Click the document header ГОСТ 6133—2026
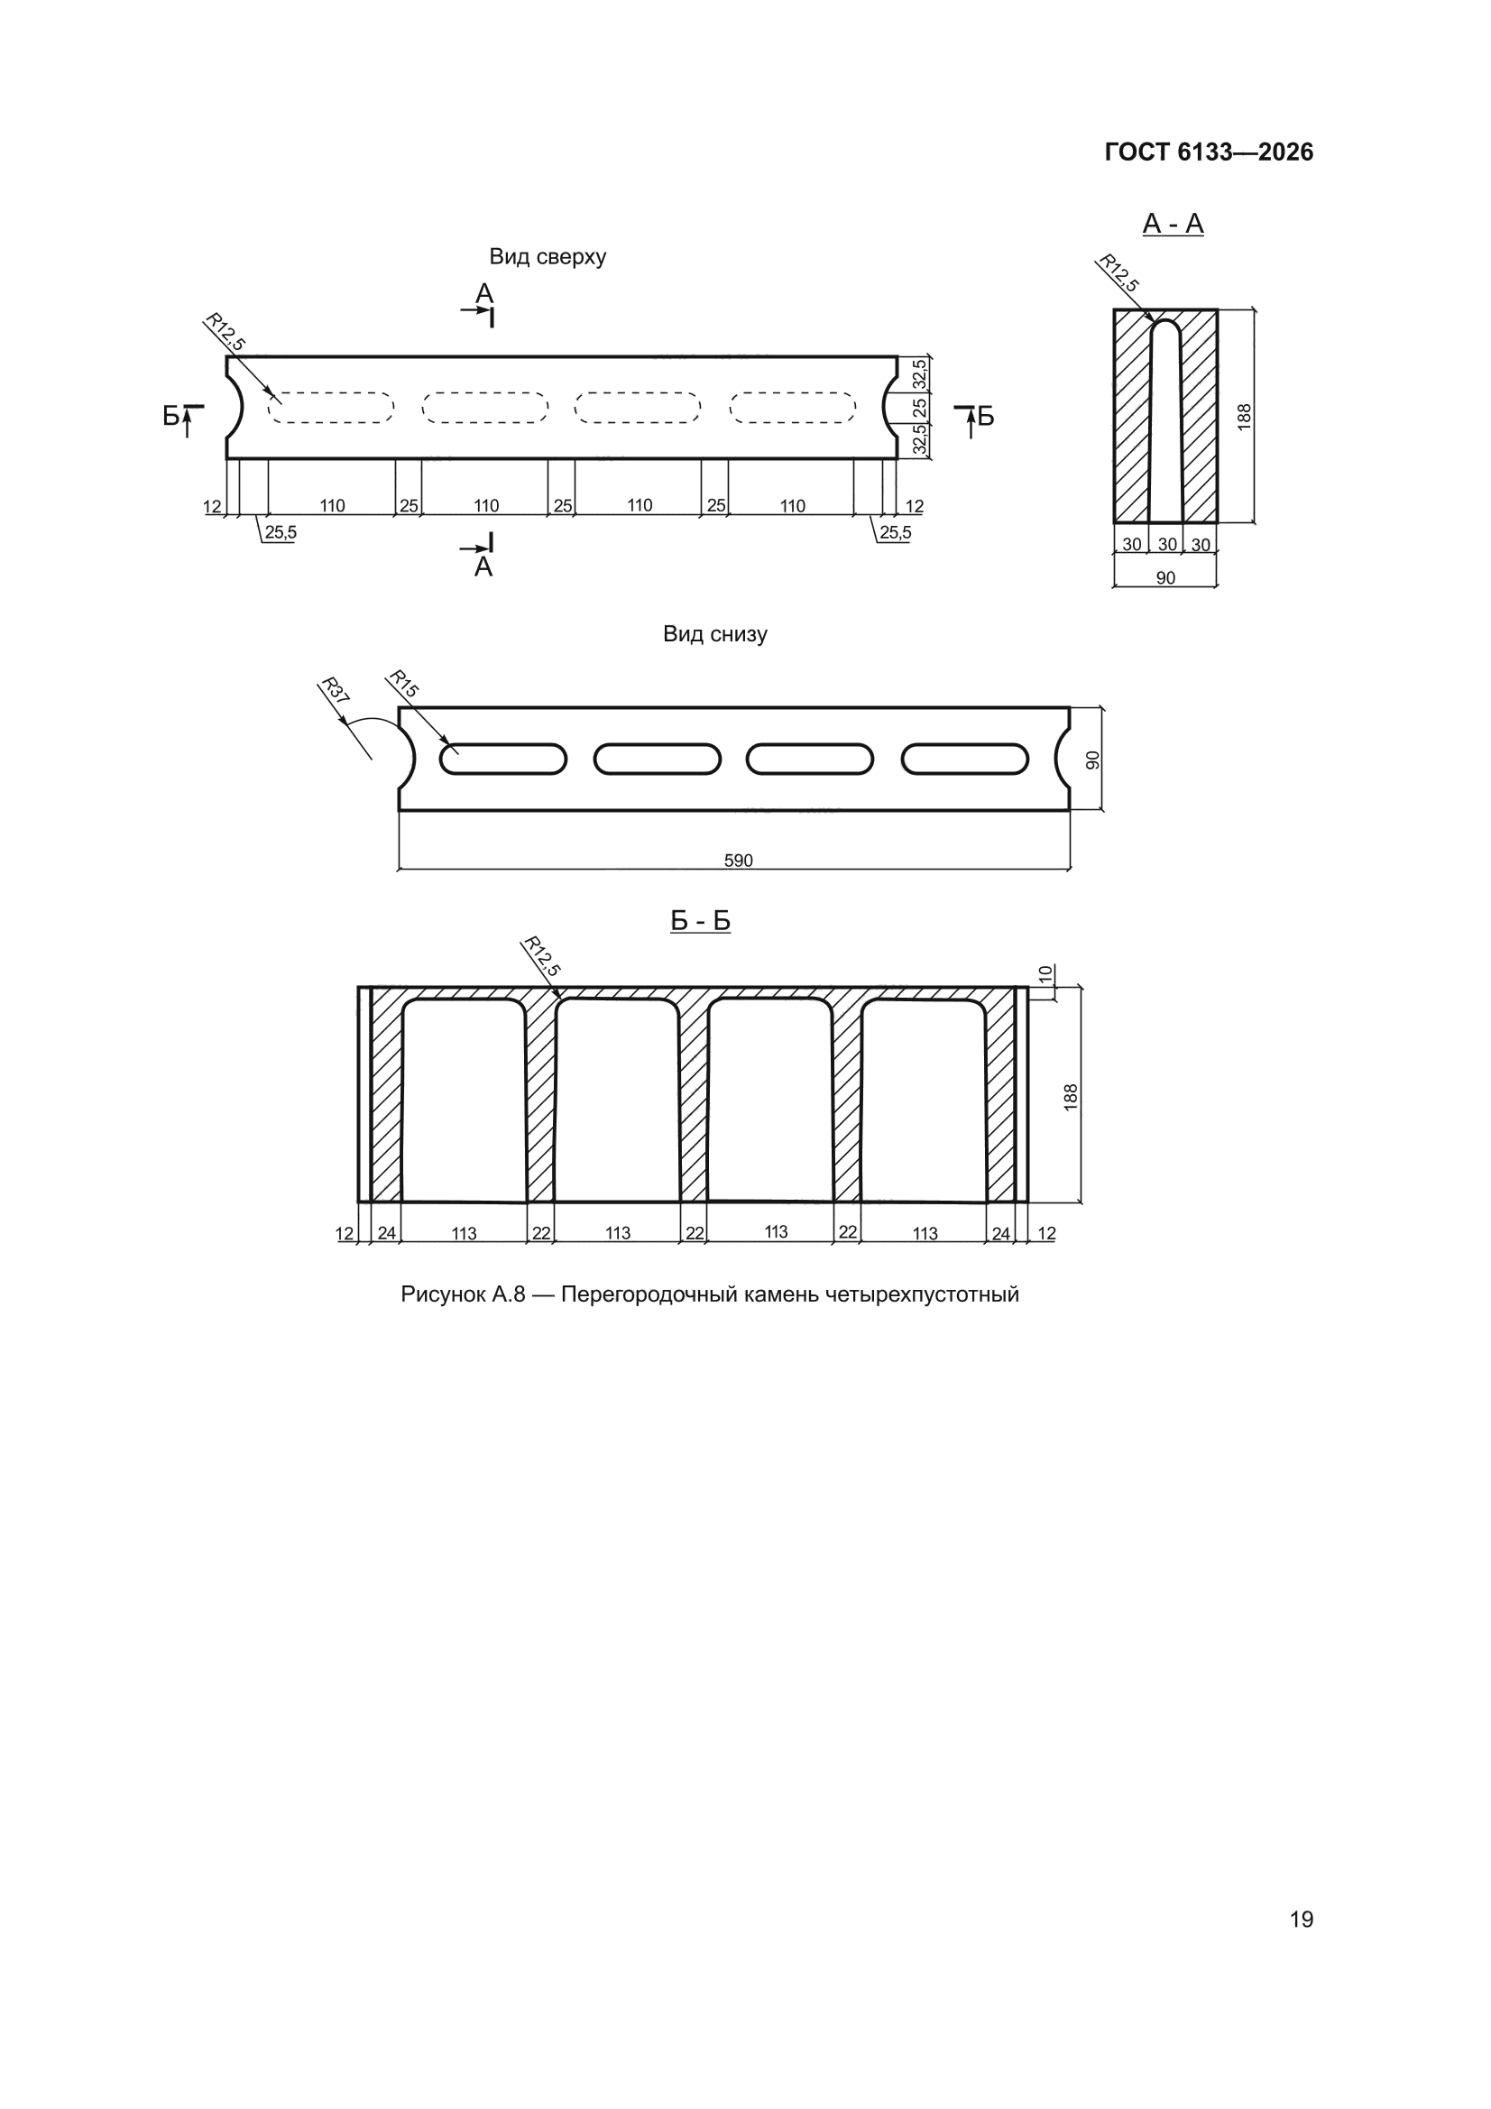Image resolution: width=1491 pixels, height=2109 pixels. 1208,152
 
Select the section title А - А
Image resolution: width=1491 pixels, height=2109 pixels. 1173,223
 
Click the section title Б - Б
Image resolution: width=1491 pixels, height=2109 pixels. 700,920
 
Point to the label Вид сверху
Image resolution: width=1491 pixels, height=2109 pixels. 548,257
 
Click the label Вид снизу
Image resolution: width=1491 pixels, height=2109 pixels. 714,634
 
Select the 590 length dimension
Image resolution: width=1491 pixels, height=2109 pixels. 739,861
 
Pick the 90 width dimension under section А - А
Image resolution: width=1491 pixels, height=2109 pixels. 1164,578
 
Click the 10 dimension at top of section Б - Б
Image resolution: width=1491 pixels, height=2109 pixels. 1045,973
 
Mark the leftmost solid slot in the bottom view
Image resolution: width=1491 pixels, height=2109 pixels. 502,759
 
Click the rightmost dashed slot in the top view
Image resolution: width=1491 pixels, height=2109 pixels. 793,408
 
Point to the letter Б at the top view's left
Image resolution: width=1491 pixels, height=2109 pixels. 171,416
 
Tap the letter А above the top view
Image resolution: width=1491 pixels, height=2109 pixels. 484,294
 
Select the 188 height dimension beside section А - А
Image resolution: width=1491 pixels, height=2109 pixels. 1245,417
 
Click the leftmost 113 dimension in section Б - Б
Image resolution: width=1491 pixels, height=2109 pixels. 464,1234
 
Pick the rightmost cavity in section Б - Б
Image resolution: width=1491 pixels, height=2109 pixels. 924,1101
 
